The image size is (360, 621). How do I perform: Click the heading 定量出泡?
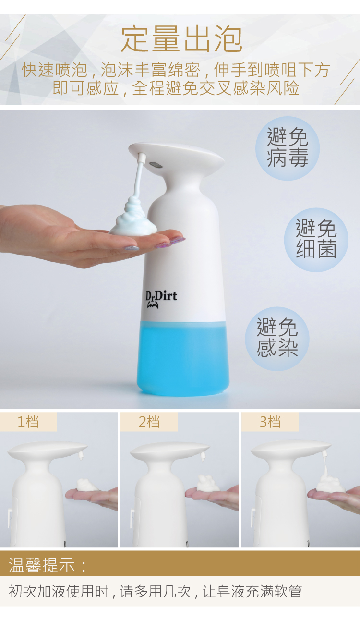[x=182, y=39]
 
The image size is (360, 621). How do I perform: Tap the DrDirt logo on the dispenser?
[x=161, y=299]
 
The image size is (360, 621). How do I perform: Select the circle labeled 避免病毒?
[x=288, y=148]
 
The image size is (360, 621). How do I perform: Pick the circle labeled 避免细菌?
[x=316, y=240]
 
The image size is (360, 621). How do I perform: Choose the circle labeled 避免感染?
[x=277, y=339]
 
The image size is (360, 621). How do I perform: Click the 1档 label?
[x=28, y=422]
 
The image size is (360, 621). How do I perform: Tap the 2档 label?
[x=149, y=422]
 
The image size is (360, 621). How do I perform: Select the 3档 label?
[x=270, y=422]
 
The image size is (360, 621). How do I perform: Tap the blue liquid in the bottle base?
[x=183, y=358]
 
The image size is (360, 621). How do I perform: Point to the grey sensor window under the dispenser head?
[x=156, y=165]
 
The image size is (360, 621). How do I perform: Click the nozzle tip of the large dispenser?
[x=142, y=158]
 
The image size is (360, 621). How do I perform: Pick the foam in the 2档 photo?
[x=208, y=483]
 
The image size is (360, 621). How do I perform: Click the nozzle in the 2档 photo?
[x=203, y=457]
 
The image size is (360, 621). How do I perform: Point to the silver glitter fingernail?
[x=132, y=248]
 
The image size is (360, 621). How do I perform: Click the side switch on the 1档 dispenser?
[x=10, y=518]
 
